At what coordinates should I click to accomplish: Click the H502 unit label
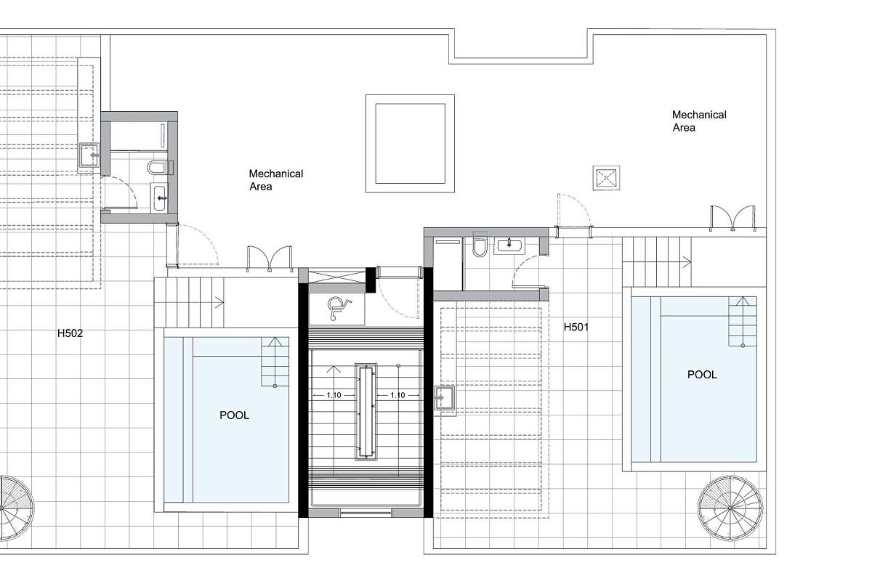[70, 333]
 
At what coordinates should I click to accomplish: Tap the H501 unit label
[576, 328]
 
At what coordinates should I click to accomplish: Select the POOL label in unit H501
[702, 374]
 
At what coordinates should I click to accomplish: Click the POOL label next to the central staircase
[234, 415]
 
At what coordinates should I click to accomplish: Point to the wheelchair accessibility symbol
[338, 308]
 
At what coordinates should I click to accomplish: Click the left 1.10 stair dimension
[334, 395]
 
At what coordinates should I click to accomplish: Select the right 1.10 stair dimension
[397, 395]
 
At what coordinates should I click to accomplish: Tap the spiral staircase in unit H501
[730, 508]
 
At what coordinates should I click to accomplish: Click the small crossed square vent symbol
[606, 178]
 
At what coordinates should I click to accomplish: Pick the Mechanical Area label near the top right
[699, 121]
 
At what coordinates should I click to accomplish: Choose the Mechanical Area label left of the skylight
[276, 180]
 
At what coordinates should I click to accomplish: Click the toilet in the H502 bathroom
[161, 168]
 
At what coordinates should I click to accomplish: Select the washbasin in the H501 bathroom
[509, 245]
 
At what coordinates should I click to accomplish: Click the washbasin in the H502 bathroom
[159, 198]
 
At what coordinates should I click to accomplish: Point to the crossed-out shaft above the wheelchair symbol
[336, 277]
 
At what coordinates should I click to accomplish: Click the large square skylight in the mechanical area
[410, 143]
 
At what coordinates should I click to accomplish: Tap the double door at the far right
[733, 219]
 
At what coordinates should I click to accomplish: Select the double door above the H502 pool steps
[270, 259]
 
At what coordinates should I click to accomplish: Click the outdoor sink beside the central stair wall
[445, 398]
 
